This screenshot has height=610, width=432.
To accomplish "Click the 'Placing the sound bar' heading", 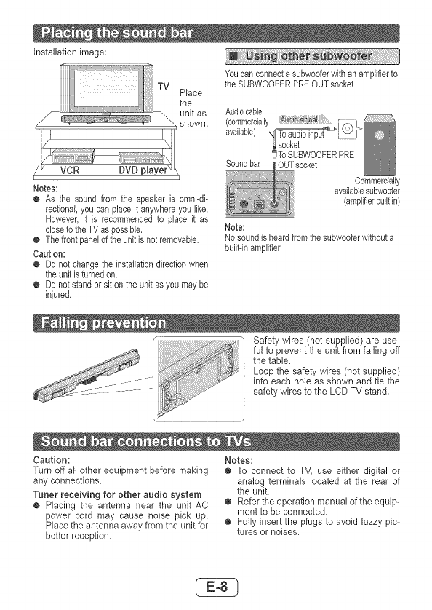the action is click(x=117, y=33).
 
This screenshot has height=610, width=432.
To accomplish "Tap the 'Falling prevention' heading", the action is click(x=103, y=323).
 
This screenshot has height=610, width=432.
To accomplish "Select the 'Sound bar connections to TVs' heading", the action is click(x=145, y=442).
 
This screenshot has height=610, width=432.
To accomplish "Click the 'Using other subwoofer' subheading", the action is click(x=308, y=56).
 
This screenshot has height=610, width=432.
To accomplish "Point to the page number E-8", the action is click(x=217, y=587).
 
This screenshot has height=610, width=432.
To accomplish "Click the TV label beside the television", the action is click(x=164, y=87).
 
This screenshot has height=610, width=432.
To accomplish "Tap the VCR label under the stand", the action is click(x=70, y=170).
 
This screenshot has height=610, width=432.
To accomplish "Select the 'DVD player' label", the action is click(x=143, y=170).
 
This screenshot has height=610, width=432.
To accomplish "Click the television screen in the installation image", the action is click(x=106, y=89).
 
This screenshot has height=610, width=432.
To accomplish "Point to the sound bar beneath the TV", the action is click(x=106, y=119).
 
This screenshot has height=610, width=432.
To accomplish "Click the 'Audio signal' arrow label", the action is click(x=299, y=120).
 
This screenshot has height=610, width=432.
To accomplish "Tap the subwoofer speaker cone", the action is click(x=380, y=135).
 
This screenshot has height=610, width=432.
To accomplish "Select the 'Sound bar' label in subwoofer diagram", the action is click(x=243, y=164).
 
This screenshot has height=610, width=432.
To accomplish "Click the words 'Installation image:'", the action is click(x=70, y=52).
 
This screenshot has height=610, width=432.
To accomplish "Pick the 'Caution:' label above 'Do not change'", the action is click(x=49, y=254).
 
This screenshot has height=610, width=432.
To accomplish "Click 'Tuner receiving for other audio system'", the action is click(x=117, y=494).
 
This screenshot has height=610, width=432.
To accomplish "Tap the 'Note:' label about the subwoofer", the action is click(x=235, y=227).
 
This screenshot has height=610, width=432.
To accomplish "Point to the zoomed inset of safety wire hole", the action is click(x=199, y=379).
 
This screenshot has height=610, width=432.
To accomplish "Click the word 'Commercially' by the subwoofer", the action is click(x=377, y=181).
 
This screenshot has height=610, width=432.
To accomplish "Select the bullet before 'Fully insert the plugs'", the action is click(x=228, y=522).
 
